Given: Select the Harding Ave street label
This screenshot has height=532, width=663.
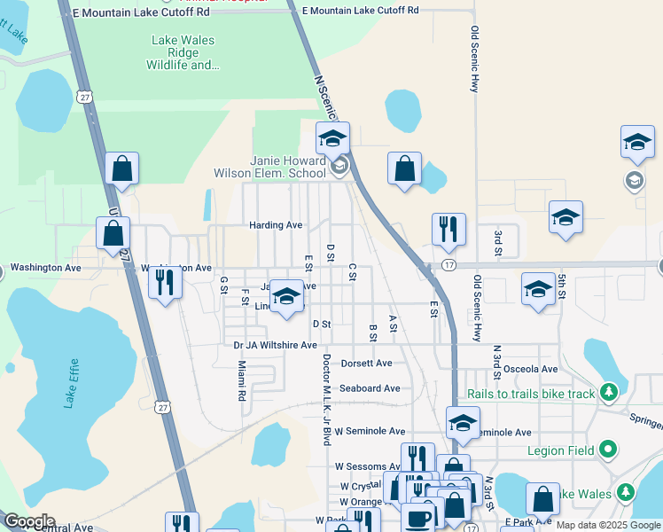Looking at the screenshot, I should click(x=276, y=225).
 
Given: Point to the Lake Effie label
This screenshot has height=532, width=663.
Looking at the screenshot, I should click(x=72, y=386).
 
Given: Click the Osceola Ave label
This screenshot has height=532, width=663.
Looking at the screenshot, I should click(x=530, y=369).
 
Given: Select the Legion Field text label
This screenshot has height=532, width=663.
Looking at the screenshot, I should click(x=560, y=450).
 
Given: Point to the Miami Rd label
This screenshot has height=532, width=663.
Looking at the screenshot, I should click(x=240, y=380).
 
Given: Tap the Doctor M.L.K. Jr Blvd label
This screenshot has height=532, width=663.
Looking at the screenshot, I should click(x=326, y=399).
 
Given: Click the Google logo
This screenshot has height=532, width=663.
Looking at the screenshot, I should click(x=29, y=521).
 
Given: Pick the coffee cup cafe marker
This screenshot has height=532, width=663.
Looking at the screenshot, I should click(x=419, y=516).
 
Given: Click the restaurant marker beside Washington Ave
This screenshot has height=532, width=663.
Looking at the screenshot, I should click(x=165, y=282).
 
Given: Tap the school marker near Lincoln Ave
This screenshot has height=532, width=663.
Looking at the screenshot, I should click(x=286, y=297).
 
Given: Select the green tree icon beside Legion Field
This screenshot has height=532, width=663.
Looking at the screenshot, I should click(x=607, y=450).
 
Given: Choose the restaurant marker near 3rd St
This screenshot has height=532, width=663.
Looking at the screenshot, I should click(x=448, y=229).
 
